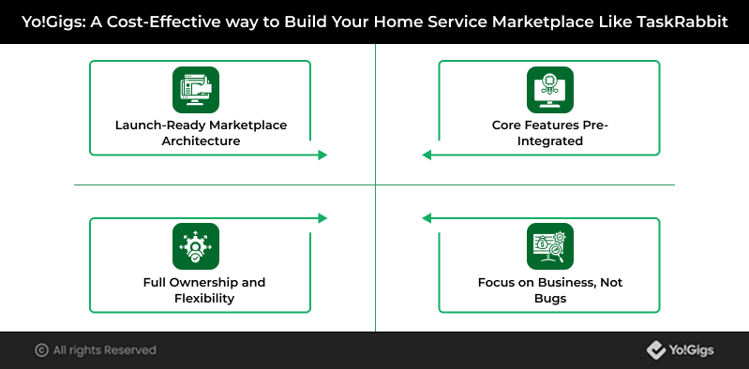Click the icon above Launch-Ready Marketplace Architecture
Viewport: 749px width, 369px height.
click(x=196, y=90)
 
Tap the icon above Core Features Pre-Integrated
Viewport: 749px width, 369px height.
click(x=550, y=90)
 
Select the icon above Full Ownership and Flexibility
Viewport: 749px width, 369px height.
click(x=196, y=246)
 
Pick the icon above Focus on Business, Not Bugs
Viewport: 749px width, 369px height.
click(x=550, y=246)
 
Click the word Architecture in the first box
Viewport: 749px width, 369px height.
click(x=201, y=141)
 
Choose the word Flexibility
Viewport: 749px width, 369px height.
click(x=204, y=299)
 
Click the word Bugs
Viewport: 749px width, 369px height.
click(x=550, y=299)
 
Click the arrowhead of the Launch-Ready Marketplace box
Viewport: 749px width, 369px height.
click(x=322, y=155)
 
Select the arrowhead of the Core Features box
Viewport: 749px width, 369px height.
click(x=427, y=155)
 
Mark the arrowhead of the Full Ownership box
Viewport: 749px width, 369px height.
click(x=322, y=218)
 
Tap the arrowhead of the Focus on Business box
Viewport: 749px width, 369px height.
click(x=427, y=218)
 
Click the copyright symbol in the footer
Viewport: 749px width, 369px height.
click(x=41, y=350)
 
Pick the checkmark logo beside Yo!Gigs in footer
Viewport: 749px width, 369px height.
click(x=656, y=350)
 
